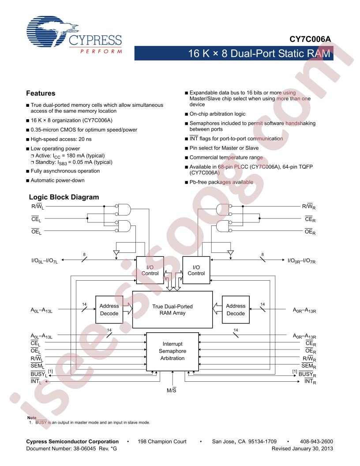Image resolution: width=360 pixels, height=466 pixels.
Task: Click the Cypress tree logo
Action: [x=52, y=31]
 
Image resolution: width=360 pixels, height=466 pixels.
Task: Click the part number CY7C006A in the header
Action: [x=310, y=39]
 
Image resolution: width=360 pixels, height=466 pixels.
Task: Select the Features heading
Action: [x=41, y=93]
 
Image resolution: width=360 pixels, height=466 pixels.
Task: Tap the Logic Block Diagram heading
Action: [x=64, y=197]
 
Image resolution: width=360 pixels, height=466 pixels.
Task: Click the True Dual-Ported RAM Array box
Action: [x=172, y=309]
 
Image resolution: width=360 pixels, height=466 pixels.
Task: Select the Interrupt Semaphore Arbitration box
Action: [x=172, y=351]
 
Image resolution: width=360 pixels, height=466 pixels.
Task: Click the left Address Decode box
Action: [x=109, y=309]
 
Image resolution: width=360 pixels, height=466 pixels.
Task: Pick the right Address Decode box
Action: [x=236, y=309]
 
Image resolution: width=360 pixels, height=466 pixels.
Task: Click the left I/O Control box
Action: [x=150, y=270]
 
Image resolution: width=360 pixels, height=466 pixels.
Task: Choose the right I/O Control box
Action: [x=196, y=270]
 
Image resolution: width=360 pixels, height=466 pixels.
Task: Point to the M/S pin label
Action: [x=171, y=390]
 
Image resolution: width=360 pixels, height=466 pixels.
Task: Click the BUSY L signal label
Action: [x=39, y=374]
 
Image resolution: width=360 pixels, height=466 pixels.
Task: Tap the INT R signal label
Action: [x=310, y=382]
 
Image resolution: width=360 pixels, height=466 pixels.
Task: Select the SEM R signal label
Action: [x=309, y=366]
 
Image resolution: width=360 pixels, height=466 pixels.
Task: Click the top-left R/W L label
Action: [x=37, y=207]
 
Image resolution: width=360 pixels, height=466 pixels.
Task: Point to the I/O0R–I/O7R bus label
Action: [x=301, y=261]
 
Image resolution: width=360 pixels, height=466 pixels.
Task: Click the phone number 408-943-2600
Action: [x=316, y=442]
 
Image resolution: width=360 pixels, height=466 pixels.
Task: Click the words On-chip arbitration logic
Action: [x=217, y=114]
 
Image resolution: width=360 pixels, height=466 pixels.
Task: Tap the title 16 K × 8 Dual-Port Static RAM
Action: [x=259, y=53]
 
